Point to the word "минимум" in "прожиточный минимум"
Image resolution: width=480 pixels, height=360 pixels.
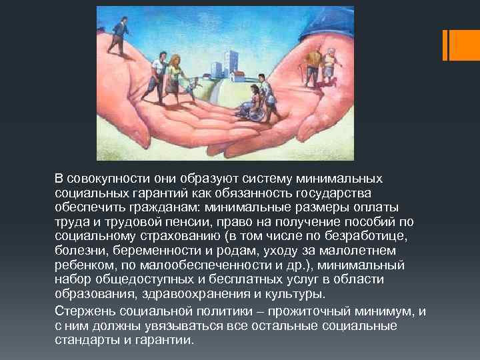pos(385,312)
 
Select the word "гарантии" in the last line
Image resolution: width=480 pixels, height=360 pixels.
pos(167,339)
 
